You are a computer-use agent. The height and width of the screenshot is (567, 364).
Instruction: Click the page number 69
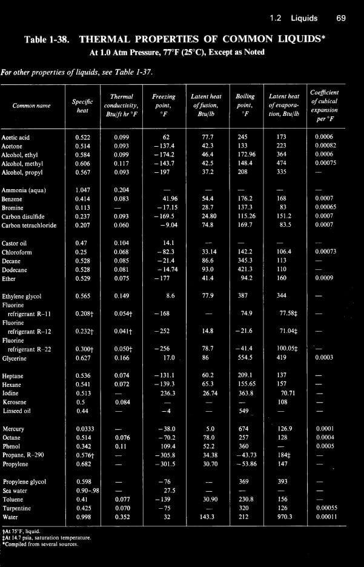pos(340,18)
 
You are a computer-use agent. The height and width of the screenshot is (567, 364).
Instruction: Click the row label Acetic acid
pos(16,138)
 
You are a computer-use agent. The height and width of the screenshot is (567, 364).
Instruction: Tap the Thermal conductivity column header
pos(122,106)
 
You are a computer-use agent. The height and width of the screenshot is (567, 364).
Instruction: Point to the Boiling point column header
pos(245,105)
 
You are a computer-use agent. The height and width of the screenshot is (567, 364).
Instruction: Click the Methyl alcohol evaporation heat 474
pos(281,163)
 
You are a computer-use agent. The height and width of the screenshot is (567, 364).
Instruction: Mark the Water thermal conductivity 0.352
pos(122,517)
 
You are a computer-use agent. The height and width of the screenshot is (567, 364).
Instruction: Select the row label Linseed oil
pos(16,411)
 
